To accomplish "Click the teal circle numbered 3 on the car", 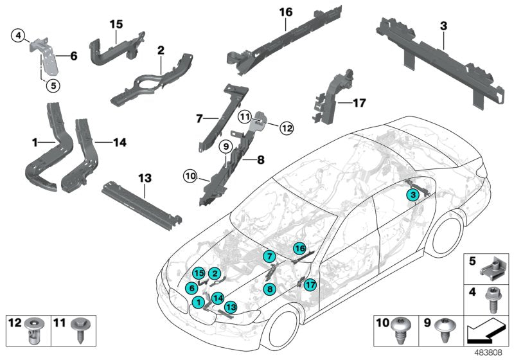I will pyautogui.click(x=414, y=194).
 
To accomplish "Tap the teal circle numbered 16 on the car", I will pyautogui.click(x=299, y=248).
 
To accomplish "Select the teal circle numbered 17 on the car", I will pyautogui.click(x=311, y=284).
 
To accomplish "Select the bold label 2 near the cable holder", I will pyautogui.click(x=161, y=50).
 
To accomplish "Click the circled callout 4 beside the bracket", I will pyautogui.click(x=19, y=34).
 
